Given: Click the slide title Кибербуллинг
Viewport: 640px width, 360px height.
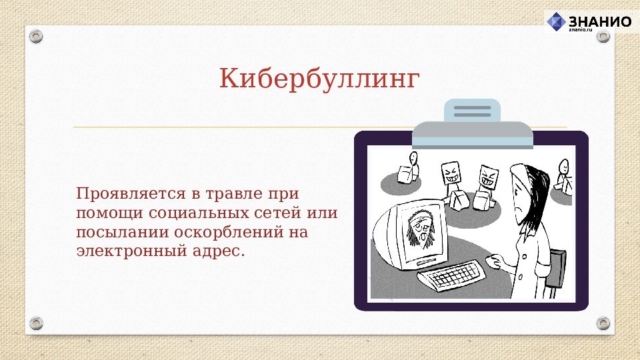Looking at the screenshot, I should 319,79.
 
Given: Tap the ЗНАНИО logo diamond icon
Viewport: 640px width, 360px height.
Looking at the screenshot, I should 556,21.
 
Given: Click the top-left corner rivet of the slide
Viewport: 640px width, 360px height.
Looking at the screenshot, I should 36,36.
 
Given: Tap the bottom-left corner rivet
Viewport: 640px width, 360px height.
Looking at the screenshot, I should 36,323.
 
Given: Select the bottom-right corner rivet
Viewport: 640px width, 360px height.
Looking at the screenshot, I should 603,323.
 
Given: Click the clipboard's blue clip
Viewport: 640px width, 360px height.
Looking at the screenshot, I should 472,111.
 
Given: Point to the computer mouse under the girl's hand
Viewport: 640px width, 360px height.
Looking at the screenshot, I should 492,261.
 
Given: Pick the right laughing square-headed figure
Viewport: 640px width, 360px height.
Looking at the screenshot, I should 487,177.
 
